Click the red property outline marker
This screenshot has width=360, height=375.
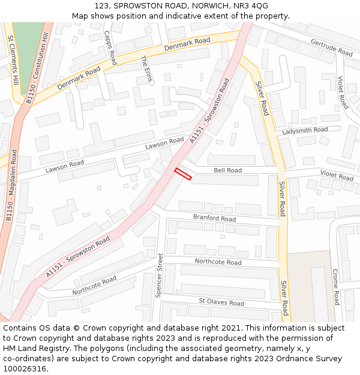183,174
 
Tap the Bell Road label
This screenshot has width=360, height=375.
227,170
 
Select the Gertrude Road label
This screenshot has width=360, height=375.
331,47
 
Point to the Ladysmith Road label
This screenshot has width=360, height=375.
305,130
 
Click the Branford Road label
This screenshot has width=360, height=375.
214,218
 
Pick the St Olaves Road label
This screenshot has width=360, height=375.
221,302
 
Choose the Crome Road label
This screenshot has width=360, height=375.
336,287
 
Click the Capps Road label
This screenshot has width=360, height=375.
110,47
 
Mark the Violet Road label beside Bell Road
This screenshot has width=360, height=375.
337,175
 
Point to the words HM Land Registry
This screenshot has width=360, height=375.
34,348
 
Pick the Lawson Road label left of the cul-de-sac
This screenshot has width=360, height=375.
64,166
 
